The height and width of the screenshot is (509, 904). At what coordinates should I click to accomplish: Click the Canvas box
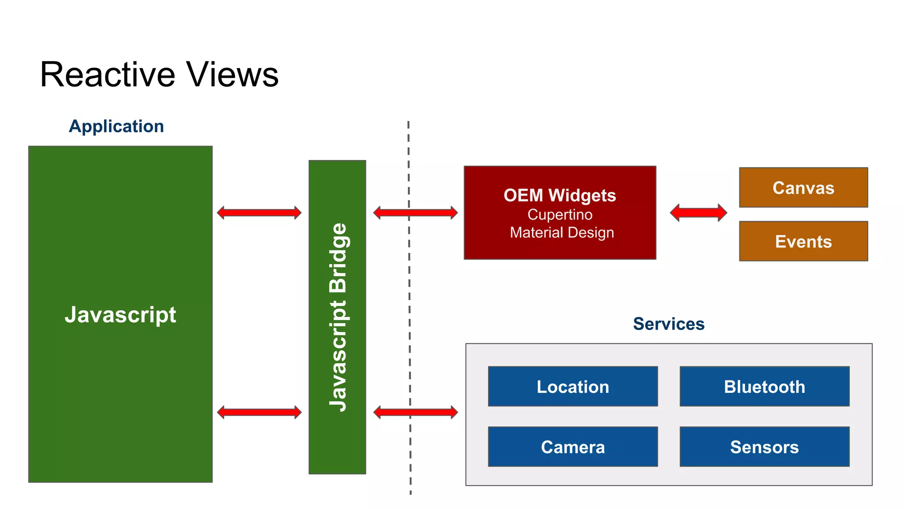803,188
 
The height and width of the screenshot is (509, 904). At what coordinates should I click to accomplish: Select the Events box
803,241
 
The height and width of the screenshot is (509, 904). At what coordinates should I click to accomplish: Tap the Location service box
573,387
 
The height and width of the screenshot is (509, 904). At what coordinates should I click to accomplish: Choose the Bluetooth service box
764,387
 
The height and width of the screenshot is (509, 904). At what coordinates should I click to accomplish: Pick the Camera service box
573,447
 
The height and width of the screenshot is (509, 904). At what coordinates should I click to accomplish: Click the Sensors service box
764,447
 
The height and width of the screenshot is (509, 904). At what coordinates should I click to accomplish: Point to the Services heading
668,324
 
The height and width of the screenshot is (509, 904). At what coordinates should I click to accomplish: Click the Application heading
116,126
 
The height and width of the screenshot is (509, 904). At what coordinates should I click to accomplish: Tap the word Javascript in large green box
120,315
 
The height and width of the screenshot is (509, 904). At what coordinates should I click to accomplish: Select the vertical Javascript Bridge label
338,317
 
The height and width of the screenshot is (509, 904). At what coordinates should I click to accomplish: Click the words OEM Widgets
559,195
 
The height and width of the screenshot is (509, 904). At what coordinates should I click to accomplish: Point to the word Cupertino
560,215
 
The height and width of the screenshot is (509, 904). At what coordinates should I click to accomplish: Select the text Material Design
561,232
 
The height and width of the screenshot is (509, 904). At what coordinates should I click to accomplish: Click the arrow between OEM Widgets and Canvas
698,213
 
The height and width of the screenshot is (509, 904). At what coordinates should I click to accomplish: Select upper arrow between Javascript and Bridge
259,213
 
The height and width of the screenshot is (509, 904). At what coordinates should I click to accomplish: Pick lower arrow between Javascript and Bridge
259,412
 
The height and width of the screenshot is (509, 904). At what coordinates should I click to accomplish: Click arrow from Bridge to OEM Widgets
415,213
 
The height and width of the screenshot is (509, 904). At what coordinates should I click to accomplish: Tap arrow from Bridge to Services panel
415,412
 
